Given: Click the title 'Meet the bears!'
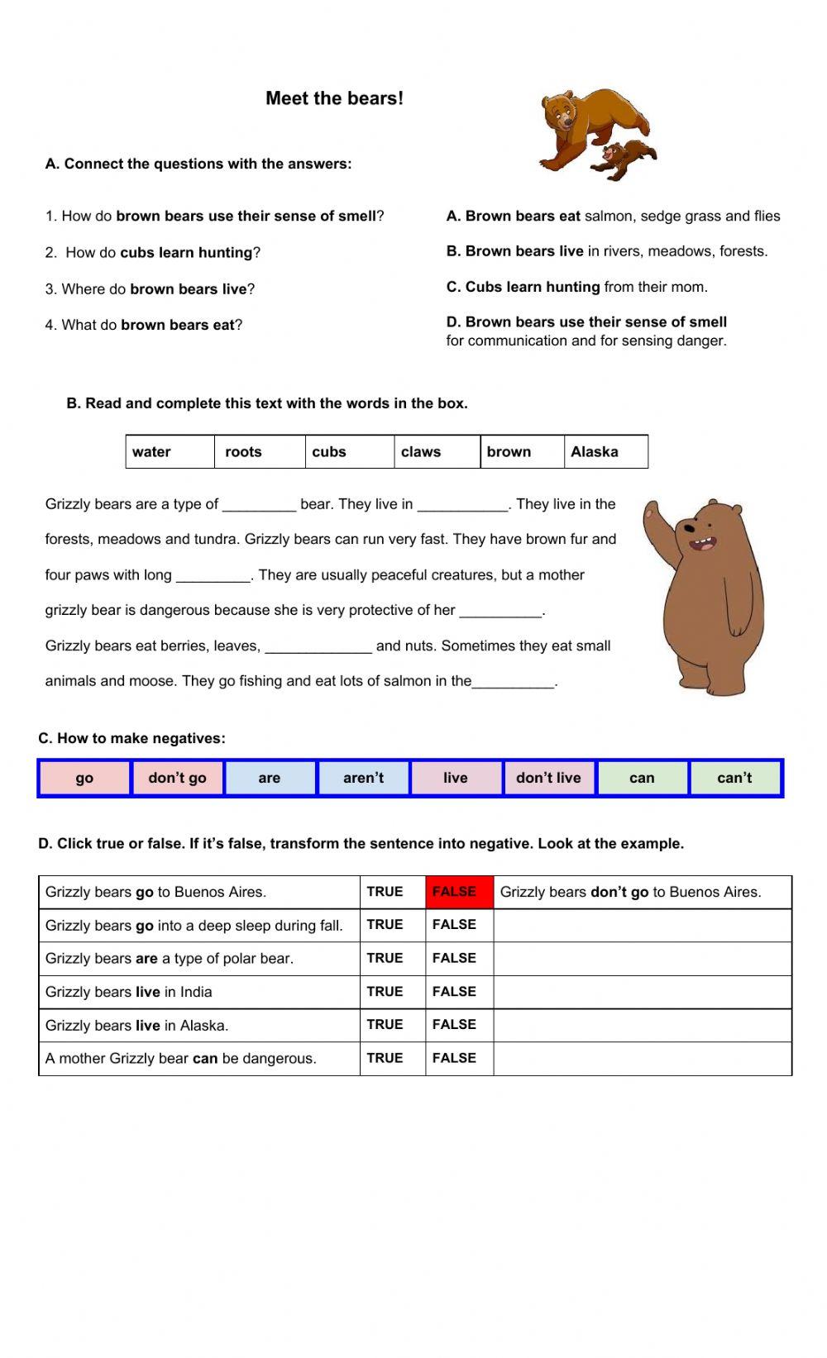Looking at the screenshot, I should (334, 98).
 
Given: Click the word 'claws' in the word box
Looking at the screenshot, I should (421, 452).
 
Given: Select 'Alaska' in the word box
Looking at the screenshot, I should (595, 452).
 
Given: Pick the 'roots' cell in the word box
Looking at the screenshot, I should (243, 452).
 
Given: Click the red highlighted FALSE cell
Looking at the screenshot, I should (459, 892).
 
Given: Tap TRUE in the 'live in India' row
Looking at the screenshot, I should (385, 992).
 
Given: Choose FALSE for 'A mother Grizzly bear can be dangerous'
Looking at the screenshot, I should (455, 1058).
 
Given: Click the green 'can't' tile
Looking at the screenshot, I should (734, 778).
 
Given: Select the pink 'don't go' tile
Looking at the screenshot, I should (177, 778).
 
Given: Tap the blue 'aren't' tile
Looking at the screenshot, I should (363, 778).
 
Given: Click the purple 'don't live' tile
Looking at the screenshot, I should (548, 778).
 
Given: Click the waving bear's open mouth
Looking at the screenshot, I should (703, 545).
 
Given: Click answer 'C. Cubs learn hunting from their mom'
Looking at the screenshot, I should (576, 287).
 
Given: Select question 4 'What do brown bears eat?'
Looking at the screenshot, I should (144, 325).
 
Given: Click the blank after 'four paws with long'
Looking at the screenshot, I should (213, 576).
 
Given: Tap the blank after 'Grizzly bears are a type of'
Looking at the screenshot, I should (259, 505).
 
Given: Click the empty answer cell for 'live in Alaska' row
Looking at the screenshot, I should (642, 1025).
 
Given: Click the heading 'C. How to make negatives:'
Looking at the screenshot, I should (132, 738).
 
